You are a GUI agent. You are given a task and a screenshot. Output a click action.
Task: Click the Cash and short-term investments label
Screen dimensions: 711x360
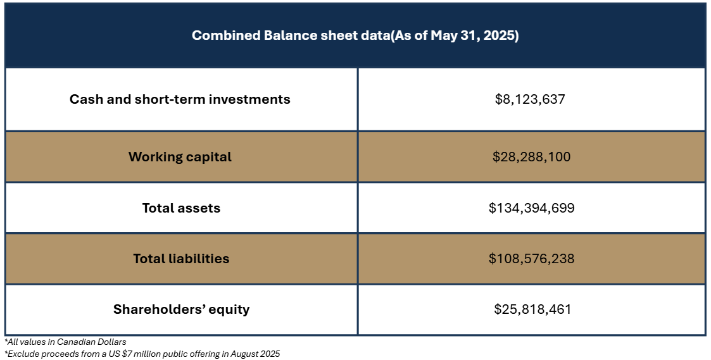coord(180,99)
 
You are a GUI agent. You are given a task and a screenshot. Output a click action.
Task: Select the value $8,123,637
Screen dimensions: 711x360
coord(530,99)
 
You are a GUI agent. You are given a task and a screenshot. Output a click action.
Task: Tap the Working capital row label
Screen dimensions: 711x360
coord(180,157)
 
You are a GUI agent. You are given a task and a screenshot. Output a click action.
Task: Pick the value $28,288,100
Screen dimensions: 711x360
coord(531,157)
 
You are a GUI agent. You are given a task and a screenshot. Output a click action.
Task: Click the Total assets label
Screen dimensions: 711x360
coord(181,208)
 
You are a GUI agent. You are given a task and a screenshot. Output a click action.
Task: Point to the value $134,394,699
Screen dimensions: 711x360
coord(531,208)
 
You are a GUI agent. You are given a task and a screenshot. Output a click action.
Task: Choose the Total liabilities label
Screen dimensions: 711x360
coord(181,259)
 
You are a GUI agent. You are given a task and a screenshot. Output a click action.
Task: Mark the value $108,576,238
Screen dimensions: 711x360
coord(531,259)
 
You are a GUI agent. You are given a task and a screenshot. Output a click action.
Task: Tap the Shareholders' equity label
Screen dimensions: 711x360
coord(181,309)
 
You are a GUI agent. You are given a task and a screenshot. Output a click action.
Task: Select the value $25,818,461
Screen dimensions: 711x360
coord(533,309)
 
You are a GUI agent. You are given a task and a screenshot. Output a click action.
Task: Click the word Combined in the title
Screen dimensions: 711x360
coord(226,35)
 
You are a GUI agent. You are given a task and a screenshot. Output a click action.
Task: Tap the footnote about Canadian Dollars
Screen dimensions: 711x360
coord(65,342)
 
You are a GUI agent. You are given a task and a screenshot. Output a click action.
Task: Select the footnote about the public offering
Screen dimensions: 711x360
coord(142,354)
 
